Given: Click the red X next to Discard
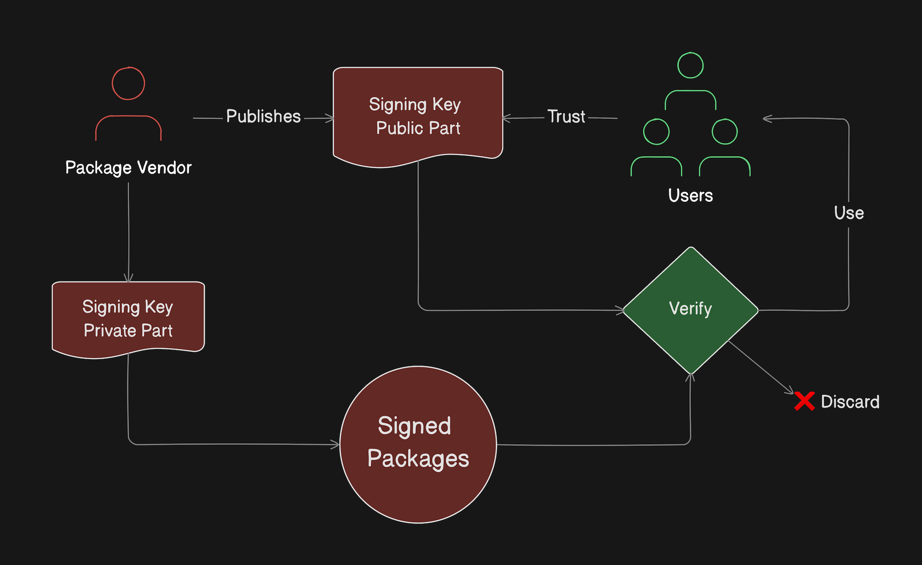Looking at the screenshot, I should point(804,401).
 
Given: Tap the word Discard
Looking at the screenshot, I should point(850,402).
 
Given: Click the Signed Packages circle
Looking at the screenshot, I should point(418,444).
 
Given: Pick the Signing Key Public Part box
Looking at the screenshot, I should point(418,115).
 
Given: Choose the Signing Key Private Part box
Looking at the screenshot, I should point(128,319).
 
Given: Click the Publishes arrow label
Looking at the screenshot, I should point(263,116).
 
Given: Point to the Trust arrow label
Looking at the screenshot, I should point(566,116).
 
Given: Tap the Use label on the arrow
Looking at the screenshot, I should point(849,213).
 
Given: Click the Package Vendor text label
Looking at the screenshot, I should point(128,168).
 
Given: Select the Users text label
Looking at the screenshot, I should point(690,195).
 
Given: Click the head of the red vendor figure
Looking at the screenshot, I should point(129,84).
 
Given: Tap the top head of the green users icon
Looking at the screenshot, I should point(690,66).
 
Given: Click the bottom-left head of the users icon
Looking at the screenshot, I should point(656,132).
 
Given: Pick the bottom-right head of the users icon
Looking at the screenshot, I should point(725,132).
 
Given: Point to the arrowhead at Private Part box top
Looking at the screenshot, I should point(129,278).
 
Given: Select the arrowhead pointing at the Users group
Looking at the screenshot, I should point(767,119).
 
